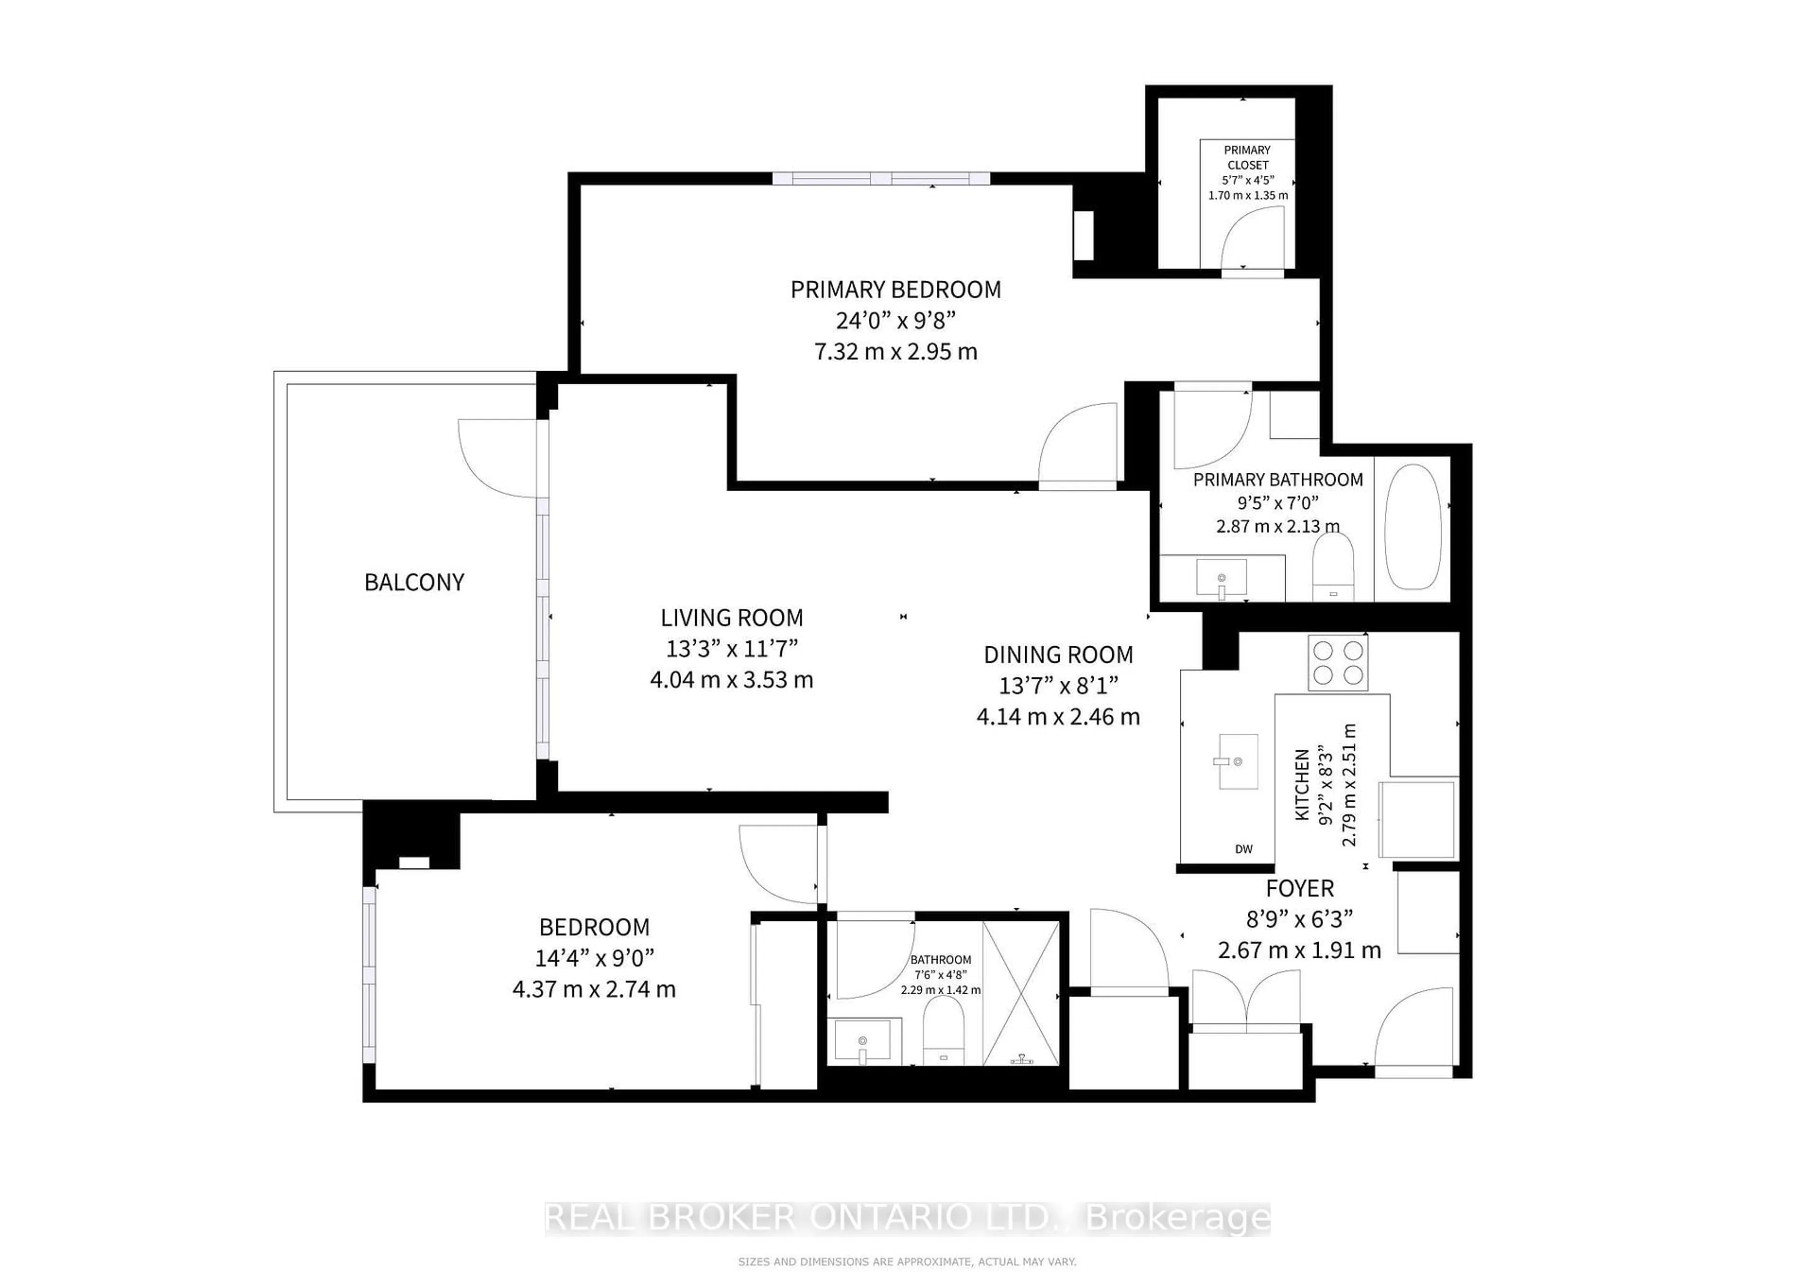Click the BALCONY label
[414, 583]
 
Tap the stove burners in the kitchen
[1338, 662]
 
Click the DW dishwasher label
[1244, 849]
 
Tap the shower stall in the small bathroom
[1020, 993]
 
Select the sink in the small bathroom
[863, 1042]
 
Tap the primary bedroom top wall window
[881, 178]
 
